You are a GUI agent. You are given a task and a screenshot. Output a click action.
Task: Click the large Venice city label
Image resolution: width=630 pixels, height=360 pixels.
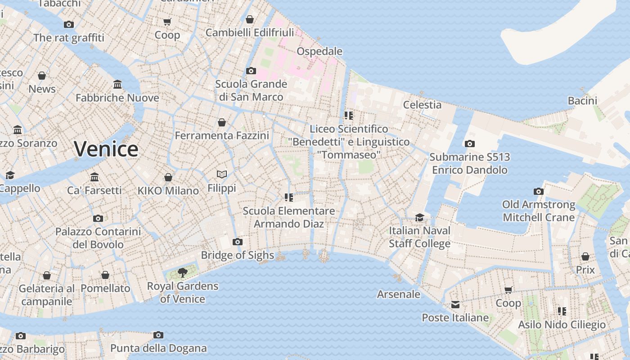pyautogui.click(x=106, y=149)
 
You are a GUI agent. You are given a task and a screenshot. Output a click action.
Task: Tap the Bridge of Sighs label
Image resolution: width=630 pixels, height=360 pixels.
pyautogui.click(x=237, y=255)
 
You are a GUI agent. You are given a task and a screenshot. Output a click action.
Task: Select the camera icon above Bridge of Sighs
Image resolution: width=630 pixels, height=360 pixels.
pyautogui.click(x=238, y=242)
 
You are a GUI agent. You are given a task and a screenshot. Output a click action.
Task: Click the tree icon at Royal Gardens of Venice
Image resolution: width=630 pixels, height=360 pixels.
pyautogui.click(x=182, y=272)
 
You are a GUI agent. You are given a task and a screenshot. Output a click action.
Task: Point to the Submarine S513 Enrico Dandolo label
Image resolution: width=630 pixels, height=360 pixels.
pyautogui.click(x=469, y=163)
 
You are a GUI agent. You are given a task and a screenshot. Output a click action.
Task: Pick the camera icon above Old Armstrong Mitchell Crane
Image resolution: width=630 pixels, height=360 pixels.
pyautogui.click(x=538, y=192)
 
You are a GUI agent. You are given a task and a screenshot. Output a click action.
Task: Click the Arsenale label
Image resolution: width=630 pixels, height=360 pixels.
pyautogui.click(x=398, y=294)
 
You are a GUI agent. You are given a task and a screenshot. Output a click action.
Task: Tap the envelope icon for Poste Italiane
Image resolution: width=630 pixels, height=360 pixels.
pyautogui.click(x=455, y=305)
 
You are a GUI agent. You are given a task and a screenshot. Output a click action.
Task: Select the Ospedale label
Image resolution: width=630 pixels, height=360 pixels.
pyautogui.click(x=319, y=51)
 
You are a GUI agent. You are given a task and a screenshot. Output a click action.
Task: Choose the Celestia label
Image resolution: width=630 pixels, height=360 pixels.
pyautogui.click(x=422, y=105)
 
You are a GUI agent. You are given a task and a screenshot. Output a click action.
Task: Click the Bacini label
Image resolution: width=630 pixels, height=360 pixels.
pyautogui.click(x=582, y=101)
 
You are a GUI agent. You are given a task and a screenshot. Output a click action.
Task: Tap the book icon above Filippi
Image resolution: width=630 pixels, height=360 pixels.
pyautogui.click(x=221, y=174)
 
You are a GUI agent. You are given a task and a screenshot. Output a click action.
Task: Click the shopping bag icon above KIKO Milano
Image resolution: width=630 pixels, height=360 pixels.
pyautogui.click(x=168, y=177)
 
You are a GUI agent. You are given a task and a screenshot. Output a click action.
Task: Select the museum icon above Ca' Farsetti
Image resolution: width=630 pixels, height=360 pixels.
pyautogui.click(x=94, y=177)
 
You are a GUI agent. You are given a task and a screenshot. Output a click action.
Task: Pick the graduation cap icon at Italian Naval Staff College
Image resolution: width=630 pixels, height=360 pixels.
pyautogui.click(x=419, y=218)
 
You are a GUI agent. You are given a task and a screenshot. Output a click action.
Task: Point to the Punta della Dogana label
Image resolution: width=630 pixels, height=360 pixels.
pyautogui.click(x=158, y=348)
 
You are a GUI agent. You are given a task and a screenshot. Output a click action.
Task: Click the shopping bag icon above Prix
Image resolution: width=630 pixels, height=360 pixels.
pyautogui.click(x=585, y=256)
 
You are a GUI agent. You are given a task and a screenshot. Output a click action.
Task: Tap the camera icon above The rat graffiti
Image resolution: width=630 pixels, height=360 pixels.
pyautogui.click(x=69, y=24)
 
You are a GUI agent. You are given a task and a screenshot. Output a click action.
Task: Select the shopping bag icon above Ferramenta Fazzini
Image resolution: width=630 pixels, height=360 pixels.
pyautogui.click(x=222, y=122)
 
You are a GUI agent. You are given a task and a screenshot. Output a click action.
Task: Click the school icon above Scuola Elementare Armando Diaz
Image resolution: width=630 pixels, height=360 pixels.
pyautogui.click(x=289, y=197)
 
